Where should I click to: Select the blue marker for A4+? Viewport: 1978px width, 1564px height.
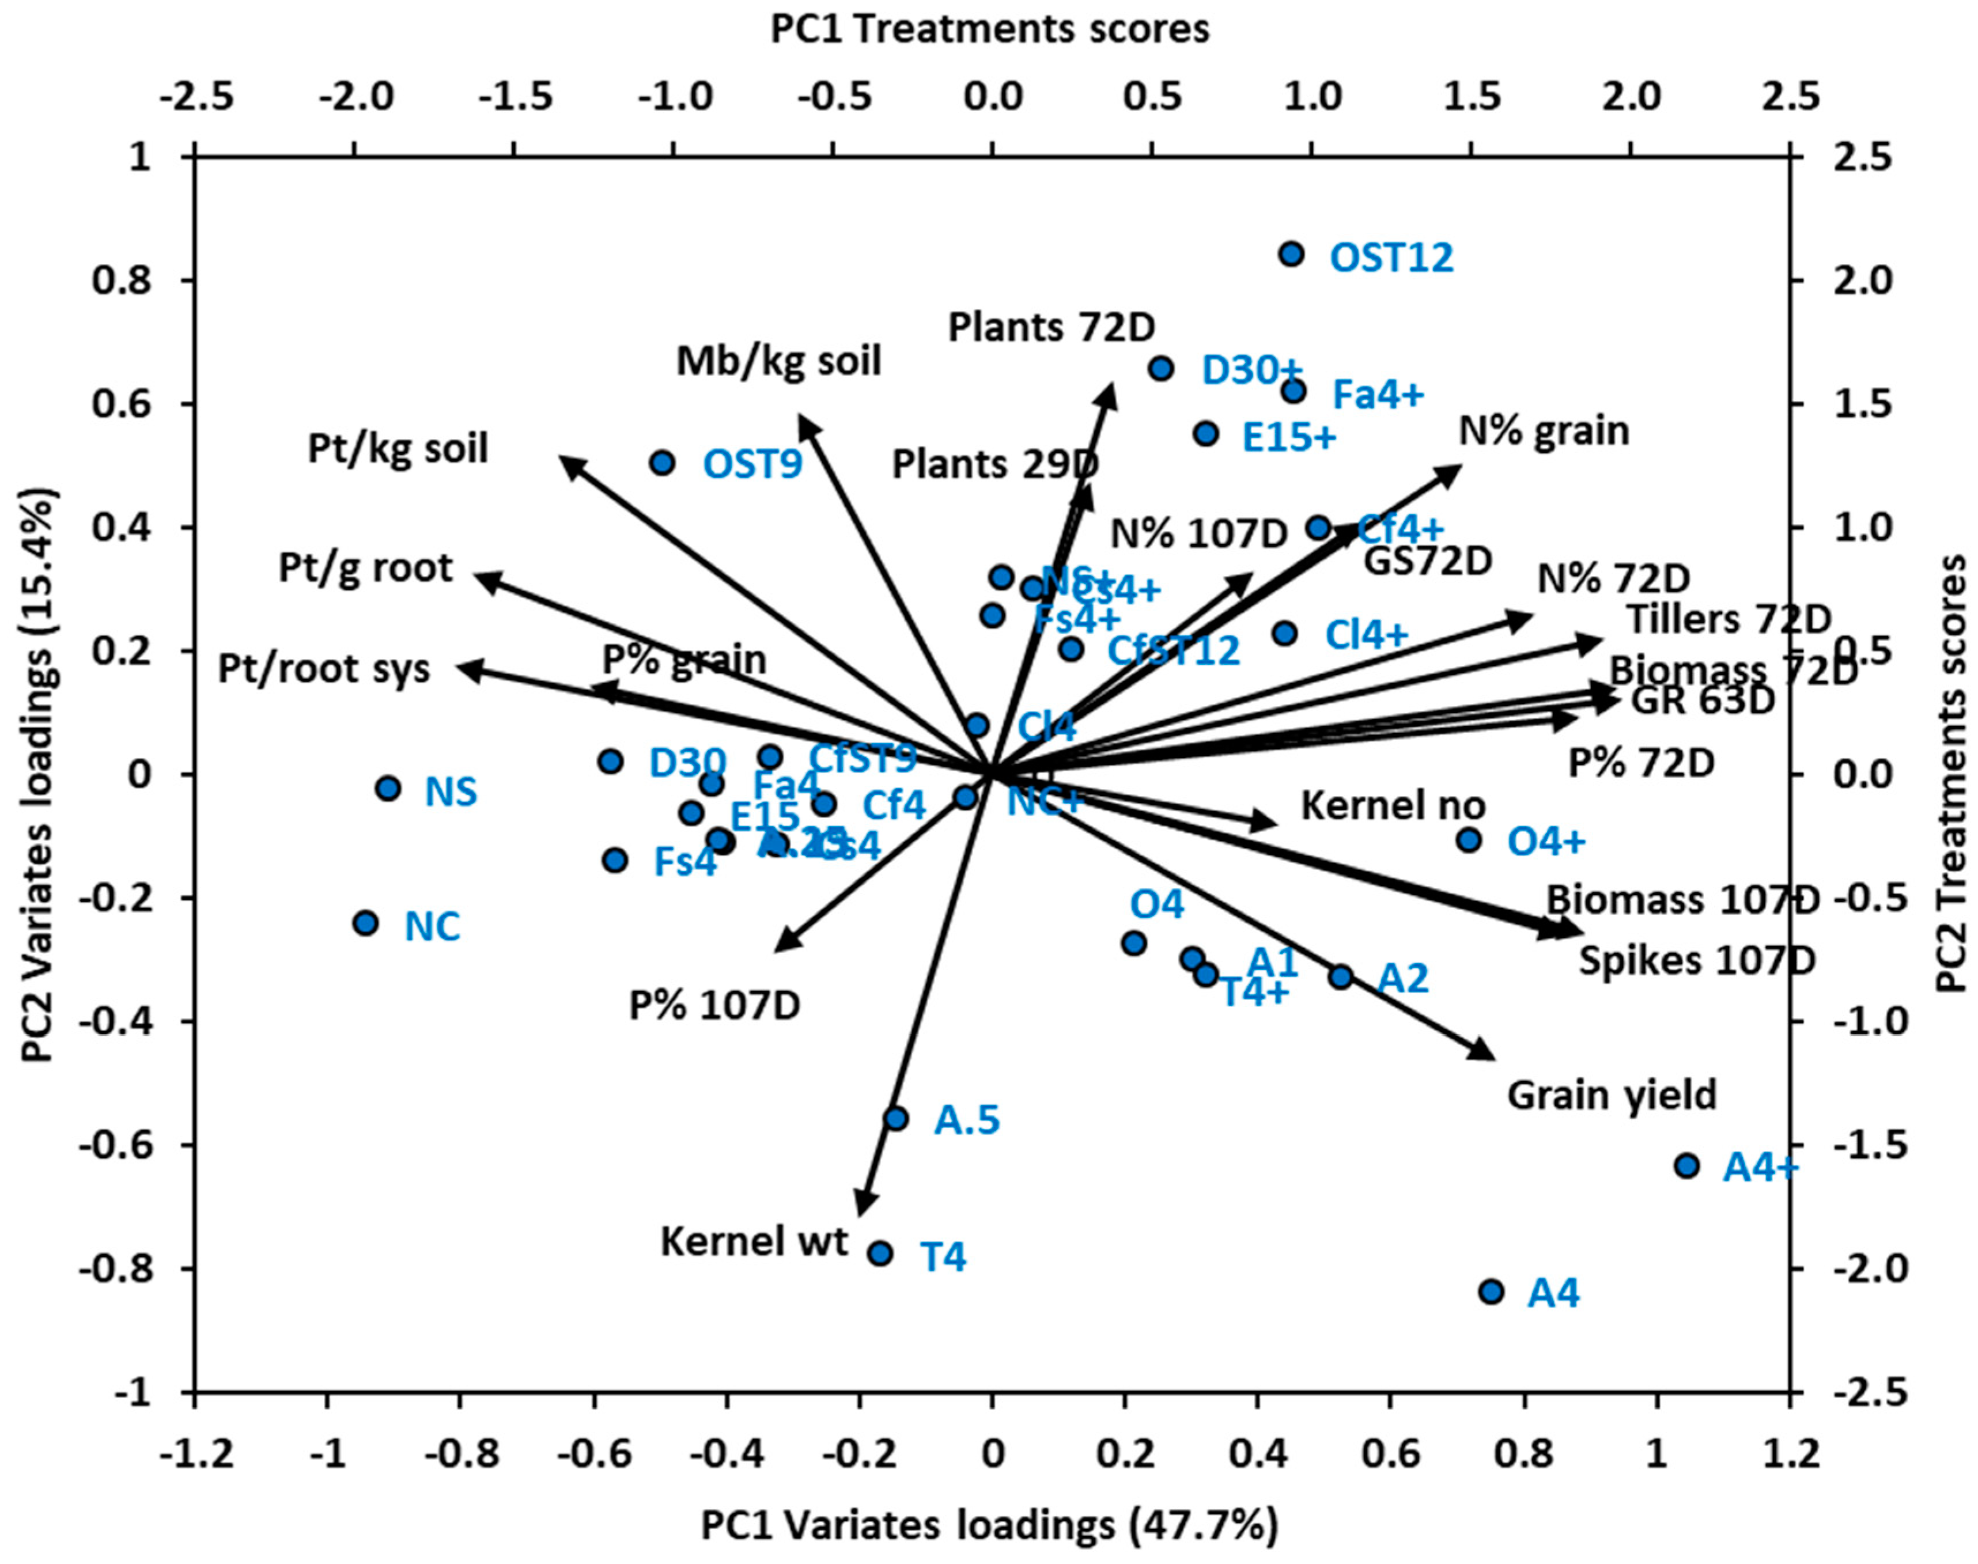[1687, 1166]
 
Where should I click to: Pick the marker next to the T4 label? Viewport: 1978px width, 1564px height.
[880, 1254]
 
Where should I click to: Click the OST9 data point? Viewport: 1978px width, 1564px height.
[662, 463]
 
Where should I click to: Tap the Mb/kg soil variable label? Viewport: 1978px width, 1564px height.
[778, 362]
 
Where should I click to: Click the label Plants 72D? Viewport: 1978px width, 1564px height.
[1052, 327]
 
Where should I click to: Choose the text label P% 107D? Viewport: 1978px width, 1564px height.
[714, 1005]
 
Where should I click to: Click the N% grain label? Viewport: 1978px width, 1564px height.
[1544, 430]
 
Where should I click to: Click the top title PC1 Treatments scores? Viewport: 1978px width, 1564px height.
[989, 29]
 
